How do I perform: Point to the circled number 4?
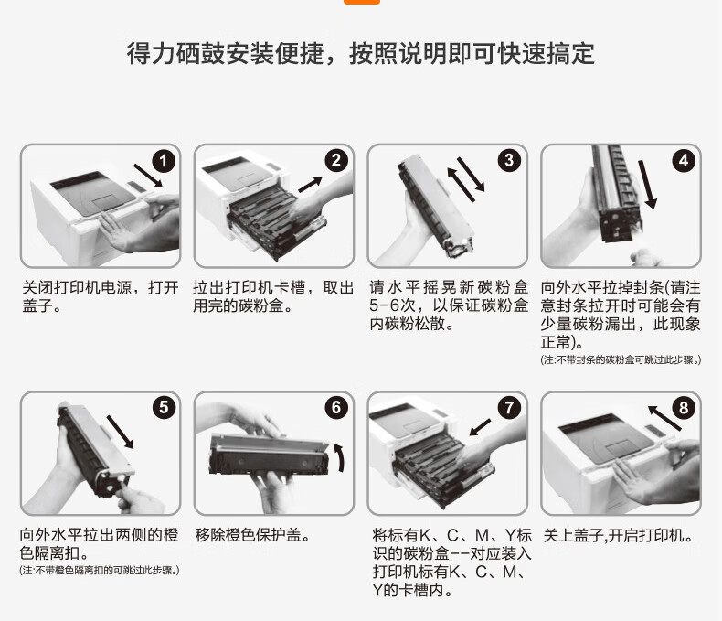683,161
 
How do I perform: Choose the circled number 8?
683,408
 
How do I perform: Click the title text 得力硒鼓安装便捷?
238,54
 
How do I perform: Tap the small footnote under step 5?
100,571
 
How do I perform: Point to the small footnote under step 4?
621,360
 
